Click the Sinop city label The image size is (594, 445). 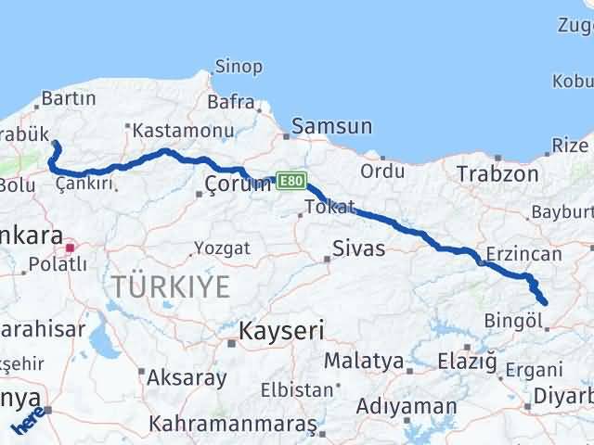pyautogui.click(x=239, y=67)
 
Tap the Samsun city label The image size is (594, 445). pyautogui.click(x=331, y=126)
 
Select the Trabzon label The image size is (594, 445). pyautogui.click(x=497, y=173)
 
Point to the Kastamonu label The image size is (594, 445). pyautogui.click(x=176, y=130)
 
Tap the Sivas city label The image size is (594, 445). pyautogui.click(x=359, y=248)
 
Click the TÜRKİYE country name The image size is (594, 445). pyautogui.click(x=172, y=286)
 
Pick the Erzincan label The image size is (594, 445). pyautogui.click(x=523, y=254)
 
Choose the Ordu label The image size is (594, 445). pyautogui.click(x=382, y=172)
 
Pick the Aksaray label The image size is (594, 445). pyautogui.click(x=186, y=378)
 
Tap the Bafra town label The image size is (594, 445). pyautogui.click(x=231, y=101)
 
